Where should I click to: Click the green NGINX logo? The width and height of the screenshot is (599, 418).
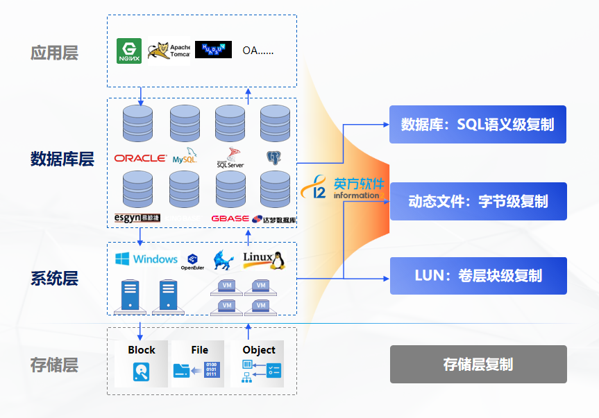(129, 51)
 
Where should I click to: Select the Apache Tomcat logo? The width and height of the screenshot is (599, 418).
(169, 51)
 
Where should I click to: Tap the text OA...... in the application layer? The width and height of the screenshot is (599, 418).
(258, 51)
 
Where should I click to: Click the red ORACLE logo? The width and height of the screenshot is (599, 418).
(140, 158)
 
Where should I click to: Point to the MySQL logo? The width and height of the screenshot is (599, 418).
(185, 157)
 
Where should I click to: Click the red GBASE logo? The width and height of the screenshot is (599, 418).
(230, 218)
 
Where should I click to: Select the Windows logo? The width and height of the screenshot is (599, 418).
(146, 259)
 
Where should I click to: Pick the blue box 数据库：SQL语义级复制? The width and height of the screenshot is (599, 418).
(478, 124)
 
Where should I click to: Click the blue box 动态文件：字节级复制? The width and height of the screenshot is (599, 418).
(478, 201)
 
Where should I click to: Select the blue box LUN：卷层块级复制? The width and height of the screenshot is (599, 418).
(478, 275)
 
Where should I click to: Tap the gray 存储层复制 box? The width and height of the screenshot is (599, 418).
(478, 364)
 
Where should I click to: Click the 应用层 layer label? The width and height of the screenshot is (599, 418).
(54, 53)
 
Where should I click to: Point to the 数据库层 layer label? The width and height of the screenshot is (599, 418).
(62, 159)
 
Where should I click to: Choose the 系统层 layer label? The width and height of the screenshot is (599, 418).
(54, 279)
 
